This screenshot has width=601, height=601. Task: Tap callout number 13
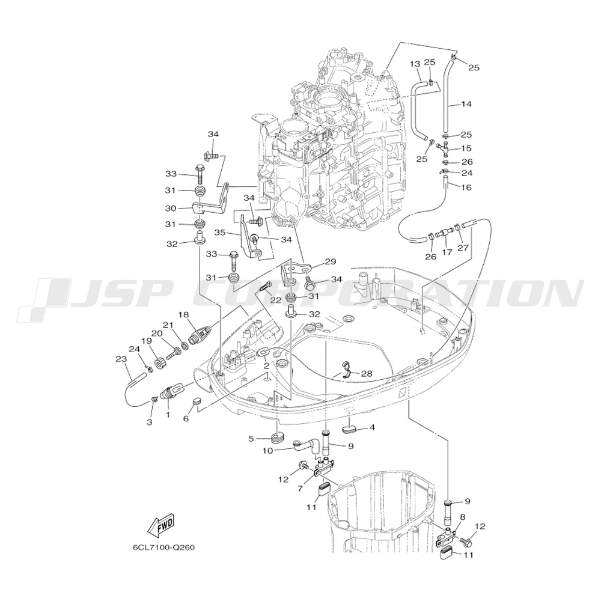415,64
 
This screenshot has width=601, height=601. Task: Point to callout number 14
467,104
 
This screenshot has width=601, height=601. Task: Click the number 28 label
367,373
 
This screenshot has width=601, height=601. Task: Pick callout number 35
219,231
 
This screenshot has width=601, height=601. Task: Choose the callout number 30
170,208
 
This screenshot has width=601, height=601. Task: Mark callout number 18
183,314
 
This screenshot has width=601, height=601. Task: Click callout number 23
120,359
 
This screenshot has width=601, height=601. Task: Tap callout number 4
373,427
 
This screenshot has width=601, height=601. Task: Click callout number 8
462,516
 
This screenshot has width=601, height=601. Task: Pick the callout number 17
447,252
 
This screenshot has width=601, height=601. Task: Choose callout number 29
330,261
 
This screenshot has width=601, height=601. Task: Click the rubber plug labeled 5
277,436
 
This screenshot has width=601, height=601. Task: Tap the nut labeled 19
161,364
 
